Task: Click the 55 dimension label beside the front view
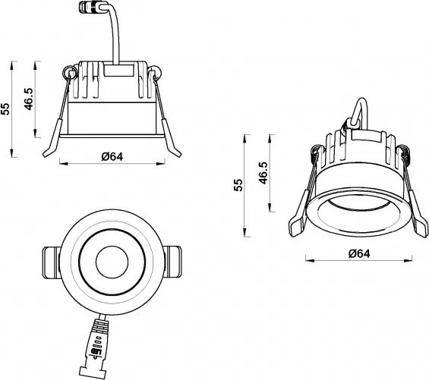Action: pyautogui.click(x=7, y=108)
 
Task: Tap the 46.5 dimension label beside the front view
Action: pyautogui.click(x=30, y=99)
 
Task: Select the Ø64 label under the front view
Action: pyautogui.click(x=112, y=156)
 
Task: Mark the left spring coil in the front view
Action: pyautogui.click(x=69, y=74)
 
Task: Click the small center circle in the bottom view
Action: pyautogui.click(x=112, y=263)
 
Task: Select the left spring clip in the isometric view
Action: pyautogui.click(x=302, y=205)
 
